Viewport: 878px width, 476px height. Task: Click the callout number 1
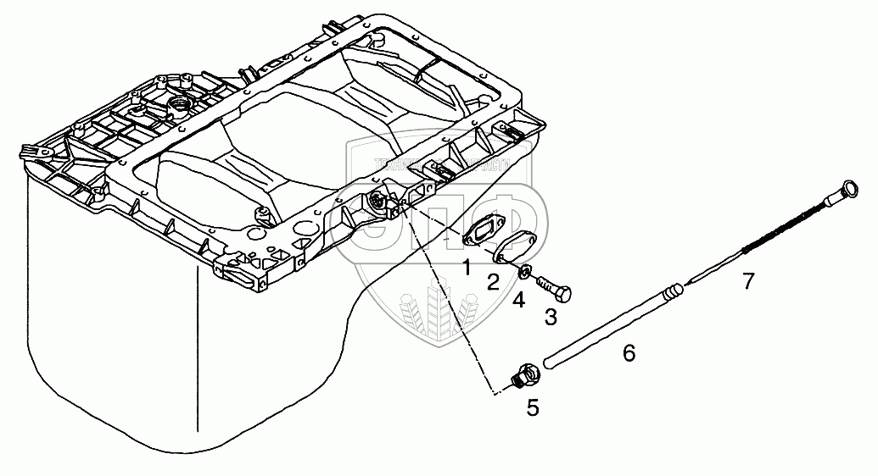pos(467,268)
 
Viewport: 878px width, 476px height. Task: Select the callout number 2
pos(493,283)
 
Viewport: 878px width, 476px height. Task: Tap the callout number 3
pos(551,318)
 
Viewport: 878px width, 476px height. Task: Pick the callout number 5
pos(533,407)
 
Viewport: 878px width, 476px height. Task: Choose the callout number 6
pos(629,352)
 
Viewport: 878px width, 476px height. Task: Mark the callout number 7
pos(747,281)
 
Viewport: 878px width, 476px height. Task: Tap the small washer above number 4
pos(526,272)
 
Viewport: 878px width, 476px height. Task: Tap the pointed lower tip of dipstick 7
pos(689,280)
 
